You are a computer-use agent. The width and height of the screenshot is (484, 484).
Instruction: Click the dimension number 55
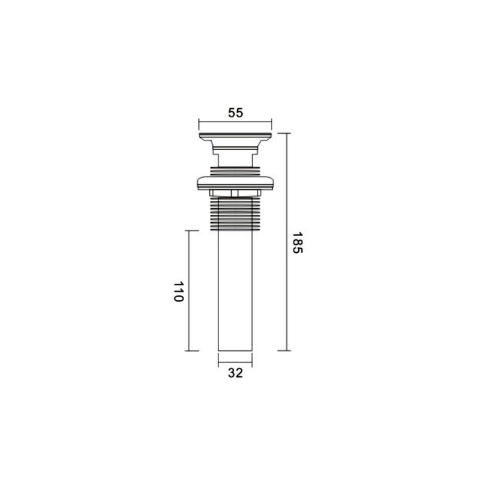pyautogui.click(x=235, y=113)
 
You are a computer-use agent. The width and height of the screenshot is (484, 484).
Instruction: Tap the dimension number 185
pyautogui.click(x=298, y=243)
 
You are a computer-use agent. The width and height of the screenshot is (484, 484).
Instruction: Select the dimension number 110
pyautogui.click(x=178, y=292)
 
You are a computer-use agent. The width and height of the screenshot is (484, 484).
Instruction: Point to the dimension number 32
pyautogui.click(x=235, y=373)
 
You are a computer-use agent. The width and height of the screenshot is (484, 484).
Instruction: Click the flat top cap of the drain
pyautogui.click(x=235, y=136)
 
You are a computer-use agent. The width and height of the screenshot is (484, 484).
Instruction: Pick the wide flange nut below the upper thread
pyautogui.click(x=235, y=183)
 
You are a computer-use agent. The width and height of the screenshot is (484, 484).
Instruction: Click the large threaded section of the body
pyautogui.click(x=235, y=214)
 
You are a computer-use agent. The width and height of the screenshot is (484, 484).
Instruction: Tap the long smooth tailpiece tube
pyautogui.click(x=235, y=291)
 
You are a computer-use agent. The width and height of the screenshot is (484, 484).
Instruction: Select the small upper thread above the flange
pyautogui.click(x=235, y=171)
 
